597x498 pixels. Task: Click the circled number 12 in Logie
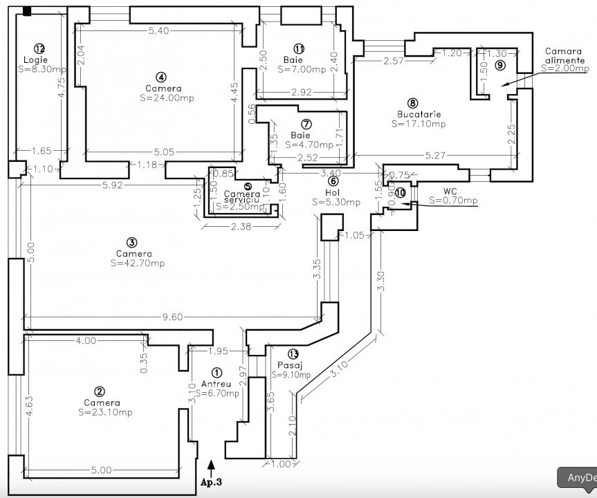39,48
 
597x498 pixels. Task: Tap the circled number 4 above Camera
160,77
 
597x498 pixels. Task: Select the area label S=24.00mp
166,98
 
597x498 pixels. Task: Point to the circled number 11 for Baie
299,48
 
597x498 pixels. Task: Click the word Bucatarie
419,114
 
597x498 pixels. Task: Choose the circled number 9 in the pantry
500,64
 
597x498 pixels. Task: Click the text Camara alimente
564,56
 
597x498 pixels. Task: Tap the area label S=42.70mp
138,264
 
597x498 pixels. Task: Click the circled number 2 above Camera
100,391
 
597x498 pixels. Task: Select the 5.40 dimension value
160,31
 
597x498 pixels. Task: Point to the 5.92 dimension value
113,185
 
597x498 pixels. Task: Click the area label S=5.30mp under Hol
336,203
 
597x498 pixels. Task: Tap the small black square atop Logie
27,10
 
